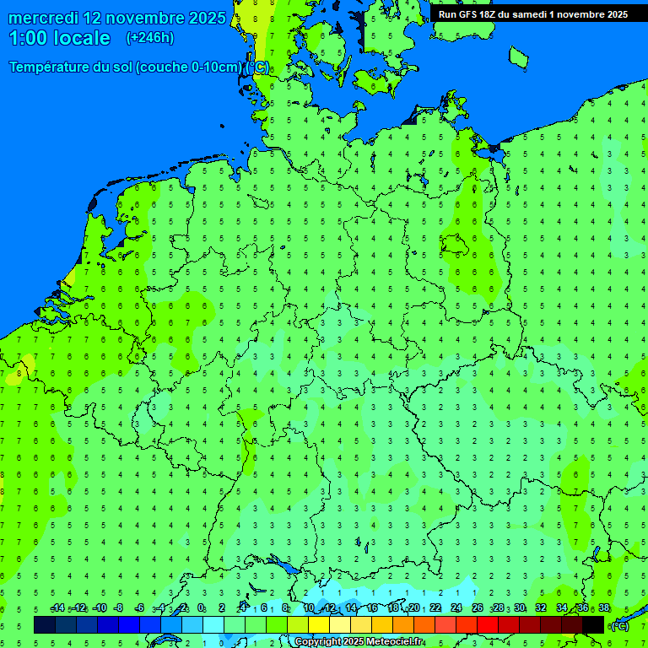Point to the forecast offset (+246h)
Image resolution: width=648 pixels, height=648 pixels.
149,38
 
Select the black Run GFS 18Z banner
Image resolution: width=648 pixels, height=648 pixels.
532,14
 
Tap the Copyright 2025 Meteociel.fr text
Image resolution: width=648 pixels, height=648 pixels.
359,642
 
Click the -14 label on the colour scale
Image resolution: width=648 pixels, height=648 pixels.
57,608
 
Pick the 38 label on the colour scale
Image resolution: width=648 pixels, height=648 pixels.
604,608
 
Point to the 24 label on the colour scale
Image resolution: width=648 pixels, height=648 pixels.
456,608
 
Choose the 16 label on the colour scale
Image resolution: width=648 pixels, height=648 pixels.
372,608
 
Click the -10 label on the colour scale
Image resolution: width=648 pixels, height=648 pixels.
99,608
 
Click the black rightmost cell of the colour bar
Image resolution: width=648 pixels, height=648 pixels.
593,624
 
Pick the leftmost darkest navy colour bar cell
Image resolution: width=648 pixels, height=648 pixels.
45,624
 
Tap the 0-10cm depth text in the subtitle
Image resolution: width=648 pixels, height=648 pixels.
219,67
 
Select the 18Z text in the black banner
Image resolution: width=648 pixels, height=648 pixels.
483,14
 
